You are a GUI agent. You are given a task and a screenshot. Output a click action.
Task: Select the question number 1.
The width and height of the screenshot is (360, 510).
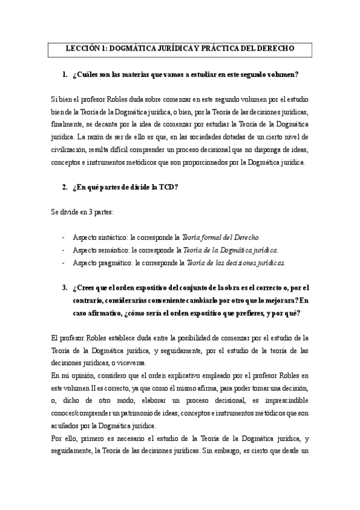(x=64, y=75)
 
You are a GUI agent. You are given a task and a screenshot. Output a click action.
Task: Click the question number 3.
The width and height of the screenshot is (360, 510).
(x=64, y=287)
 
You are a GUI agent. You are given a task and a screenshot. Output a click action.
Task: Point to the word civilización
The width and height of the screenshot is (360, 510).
(x=72, y=150)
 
